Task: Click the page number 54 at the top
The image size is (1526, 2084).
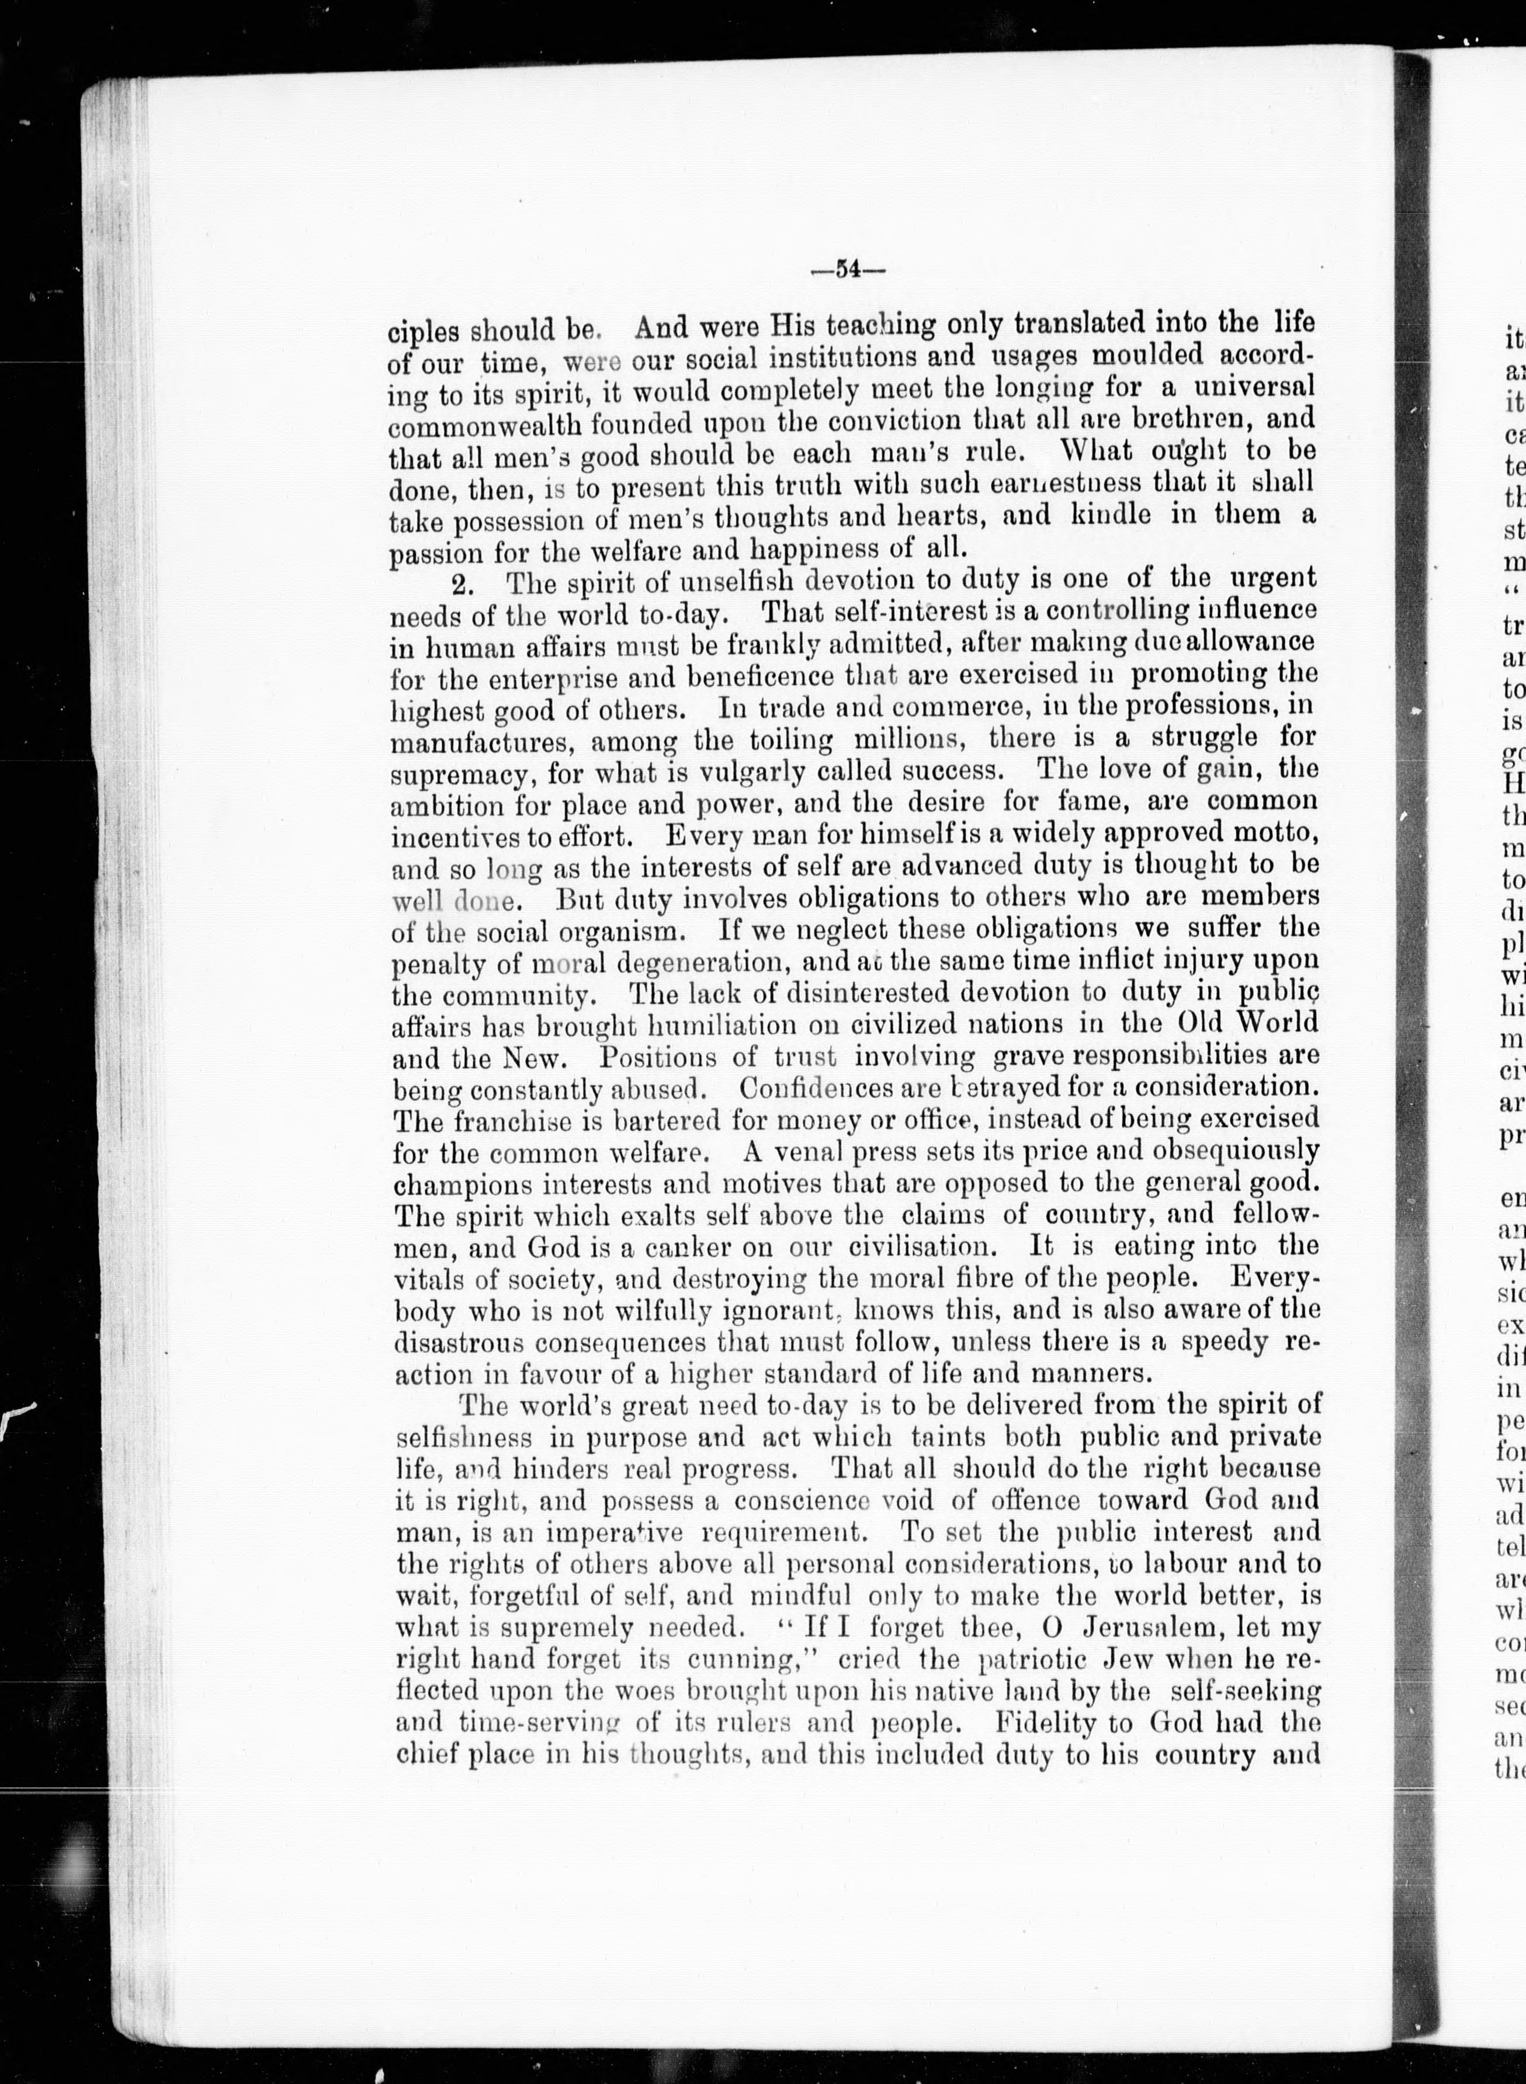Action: click(847, 270)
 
